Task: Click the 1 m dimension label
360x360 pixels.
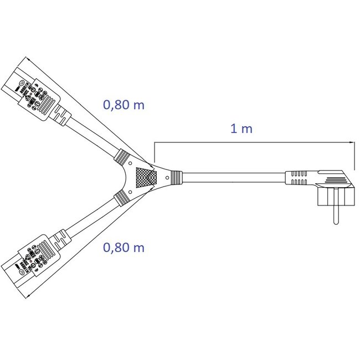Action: pyautogui.click(x=241, y=128)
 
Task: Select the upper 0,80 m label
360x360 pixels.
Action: pyautogui.click(x=124, y=105)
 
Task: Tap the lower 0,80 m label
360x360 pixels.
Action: pyautogui.click(x=124, y=248)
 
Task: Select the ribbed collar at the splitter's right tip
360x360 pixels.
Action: pyautogui.click(x=176, y=178)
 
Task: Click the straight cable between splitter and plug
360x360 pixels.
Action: pyautogui.click(x=233, y=178)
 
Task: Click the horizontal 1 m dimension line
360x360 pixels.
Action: pyautogui.click(x=255, y=143)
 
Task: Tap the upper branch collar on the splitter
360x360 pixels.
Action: pyautogui.click(x=121, y=157)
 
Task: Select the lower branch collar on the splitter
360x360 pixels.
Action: pyautogui.click(x=121, y=197)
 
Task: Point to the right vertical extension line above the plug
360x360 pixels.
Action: pyautogui.click(x=354, y=155)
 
